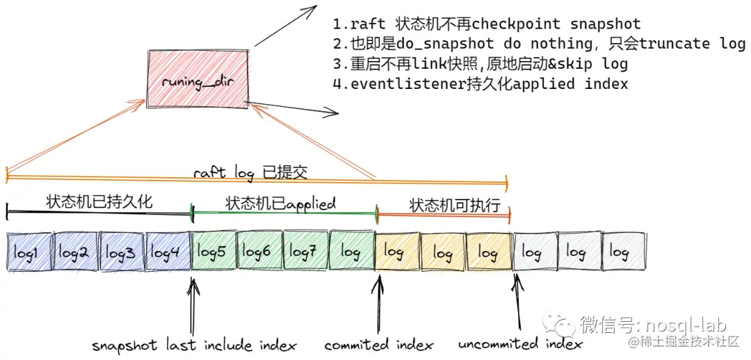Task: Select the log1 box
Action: [x=29, y=252]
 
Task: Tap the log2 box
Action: [x=74, y=252]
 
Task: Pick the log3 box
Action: [x=121, y=252]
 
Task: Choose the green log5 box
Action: [x=212, y=252]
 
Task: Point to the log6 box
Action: [x=258, y=252]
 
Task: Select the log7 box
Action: [x=304, y=252]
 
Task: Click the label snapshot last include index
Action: [x=195, y=345]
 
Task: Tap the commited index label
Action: [x=378, y=345]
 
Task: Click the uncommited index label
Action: [x=520, y=344]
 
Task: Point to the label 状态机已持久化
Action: [x=99, y=202]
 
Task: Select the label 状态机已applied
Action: [x=280, y=204]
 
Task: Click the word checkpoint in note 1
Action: [x=515, y=25]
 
